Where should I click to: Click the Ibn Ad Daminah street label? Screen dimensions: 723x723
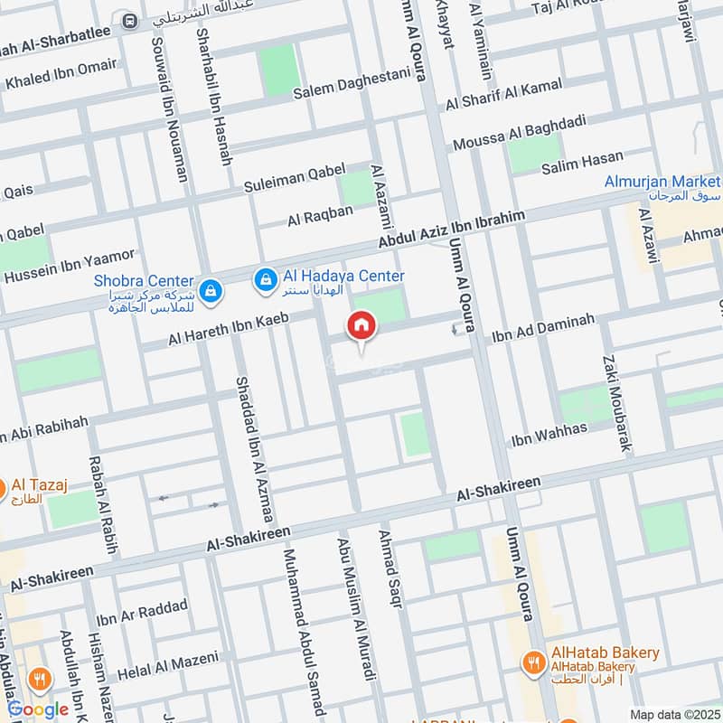(542, 329)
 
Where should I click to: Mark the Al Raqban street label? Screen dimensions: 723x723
(319, 216)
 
